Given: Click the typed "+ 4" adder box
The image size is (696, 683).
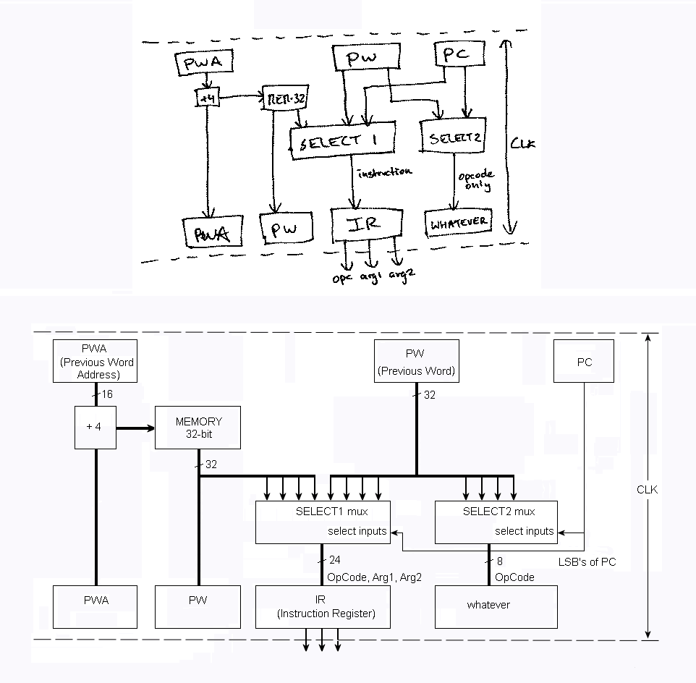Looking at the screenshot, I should point(95,427).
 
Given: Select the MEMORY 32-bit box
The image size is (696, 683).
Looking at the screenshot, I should point(198,427).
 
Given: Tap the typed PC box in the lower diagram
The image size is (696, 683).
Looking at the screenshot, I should point(584,362).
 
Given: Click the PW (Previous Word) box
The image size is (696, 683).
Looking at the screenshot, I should point(415,362).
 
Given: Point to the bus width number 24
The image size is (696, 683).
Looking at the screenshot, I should point(334,560).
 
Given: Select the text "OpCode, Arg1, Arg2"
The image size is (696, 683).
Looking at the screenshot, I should point(374,577).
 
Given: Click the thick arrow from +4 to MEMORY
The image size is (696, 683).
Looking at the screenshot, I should point(135,428).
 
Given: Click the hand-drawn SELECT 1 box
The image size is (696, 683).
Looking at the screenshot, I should point(342,141).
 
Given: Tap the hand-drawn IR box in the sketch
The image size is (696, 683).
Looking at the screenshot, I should point(364,224).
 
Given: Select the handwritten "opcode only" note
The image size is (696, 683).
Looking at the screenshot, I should point(475,181).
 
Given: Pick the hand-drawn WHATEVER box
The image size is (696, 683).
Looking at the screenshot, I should point(459,223).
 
